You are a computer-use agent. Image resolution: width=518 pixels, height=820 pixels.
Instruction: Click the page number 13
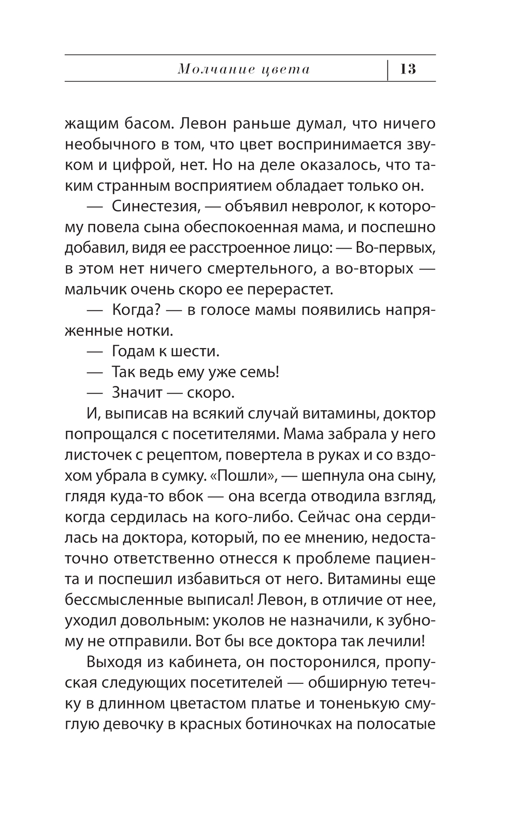click(x=408, y=69)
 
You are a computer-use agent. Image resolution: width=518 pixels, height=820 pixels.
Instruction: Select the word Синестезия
click(x=155, y=207)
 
